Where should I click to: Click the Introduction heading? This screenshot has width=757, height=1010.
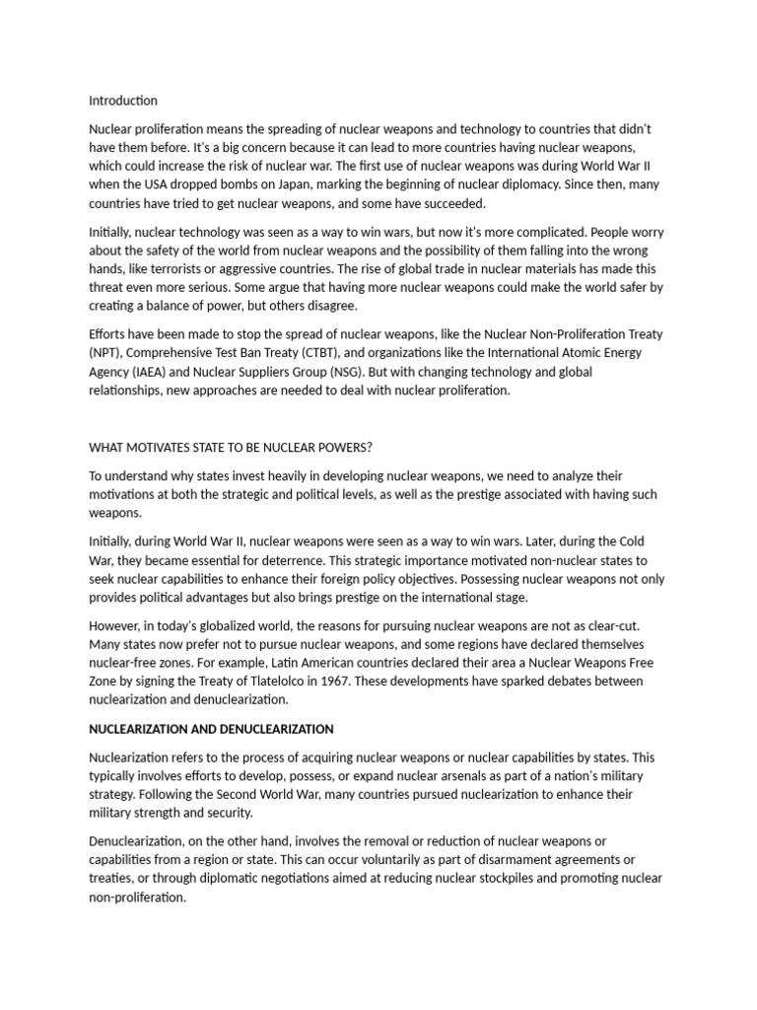click(123, 101)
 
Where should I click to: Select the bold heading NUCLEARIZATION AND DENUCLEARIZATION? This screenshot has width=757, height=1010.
click(211, 729)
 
